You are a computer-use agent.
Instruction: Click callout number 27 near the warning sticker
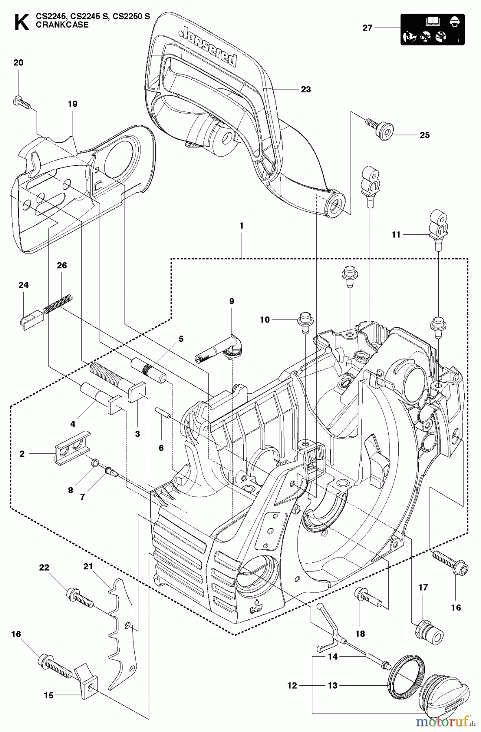(367, 28)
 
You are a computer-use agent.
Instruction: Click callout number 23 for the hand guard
(306, 89)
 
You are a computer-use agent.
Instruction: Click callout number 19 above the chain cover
(72, 104)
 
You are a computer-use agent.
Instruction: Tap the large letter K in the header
(21, 22)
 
